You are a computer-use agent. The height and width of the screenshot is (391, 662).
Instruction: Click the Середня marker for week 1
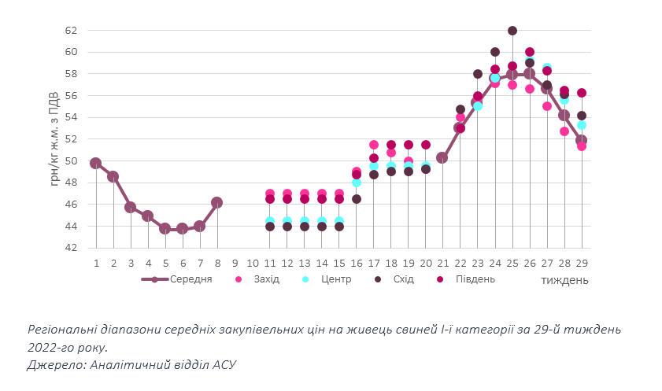(96, 164)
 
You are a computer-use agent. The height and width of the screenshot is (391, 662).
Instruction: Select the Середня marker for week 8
(217, 203)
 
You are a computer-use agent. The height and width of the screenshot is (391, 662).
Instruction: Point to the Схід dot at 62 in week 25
(512, 31)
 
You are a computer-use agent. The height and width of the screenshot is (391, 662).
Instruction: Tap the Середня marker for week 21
(442, 157)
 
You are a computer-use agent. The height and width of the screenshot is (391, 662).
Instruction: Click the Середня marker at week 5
(165, 228)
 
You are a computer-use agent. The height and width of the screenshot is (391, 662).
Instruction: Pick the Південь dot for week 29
(582, 93)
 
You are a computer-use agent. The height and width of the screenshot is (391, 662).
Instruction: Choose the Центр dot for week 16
(357, 182)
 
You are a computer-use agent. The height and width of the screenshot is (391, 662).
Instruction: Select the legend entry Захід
(264, 279)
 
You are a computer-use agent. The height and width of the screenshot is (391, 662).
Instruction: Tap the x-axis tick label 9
(235, 262)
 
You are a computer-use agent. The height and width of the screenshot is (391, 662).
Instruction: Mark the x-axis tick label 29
(582, 262)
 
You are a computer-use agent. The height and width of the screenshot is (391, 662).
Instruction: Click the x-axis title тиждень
(564, 280)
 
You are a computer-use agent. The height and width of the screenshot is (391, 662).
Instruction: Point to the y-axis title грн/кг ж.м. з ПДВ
(54, 138)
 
